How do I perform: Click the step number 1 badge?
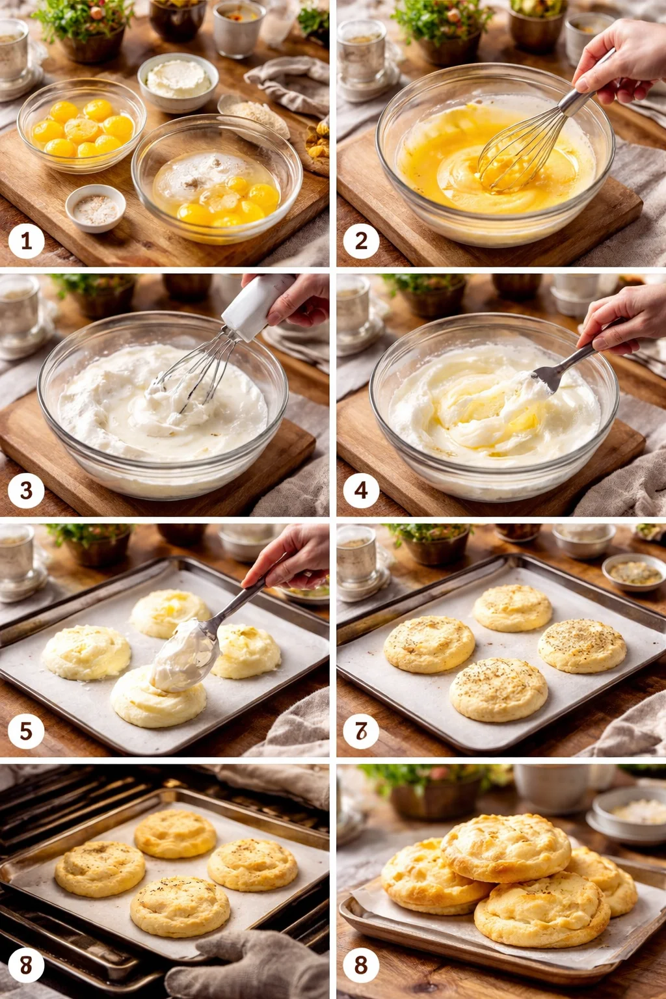(26, 241)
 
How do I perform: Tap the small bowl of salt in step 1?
(96, 207)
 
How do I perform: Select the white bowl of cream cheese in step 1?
(178, 81)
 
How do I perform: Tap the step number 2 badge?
(361, 241)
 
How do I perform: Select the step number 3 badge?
(26, 490)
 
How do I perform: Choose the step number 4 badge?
(361, 490)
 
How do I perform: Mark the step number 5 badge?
(26, 730)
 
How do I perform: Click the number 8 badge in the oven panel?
(26, 965)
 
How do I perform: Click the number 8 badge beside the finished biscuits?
(361, 965)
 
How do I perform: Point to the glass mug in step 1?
(13, 55)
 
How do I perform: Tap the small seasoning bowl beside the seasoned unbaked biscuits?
(633, 572)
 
